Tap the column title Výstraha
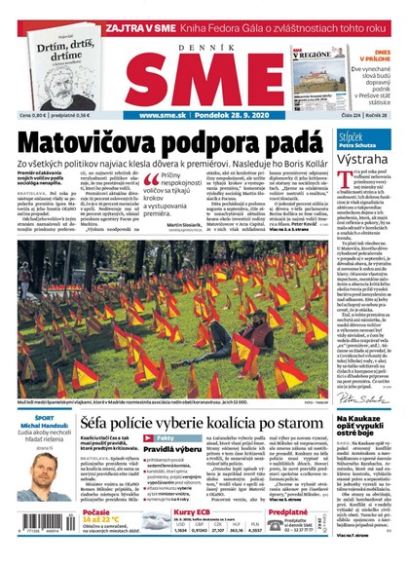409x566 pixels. (365, 159)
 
